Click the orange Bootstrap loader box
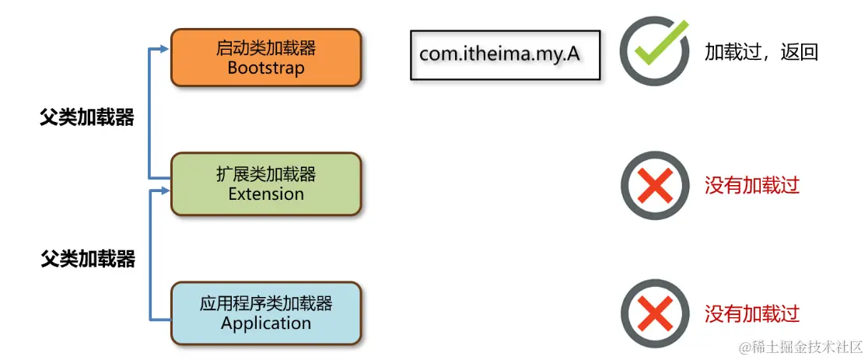click(x=266, y=58)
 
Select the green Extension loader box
click(x=266, y=183)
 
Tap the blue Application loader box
click(x=266, y=313)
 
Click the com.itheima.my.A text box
click(x=505, y=54)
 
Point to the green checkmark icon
click(x=656, y=51)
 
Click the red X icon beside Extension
click(x=655, y=185)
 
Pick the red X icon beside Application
click(x=655, y=313)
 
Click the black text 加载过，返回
click(x=761, y=52)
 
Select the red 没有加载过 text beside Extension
click(x=752, y=185)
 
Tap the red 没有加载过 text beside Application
click(x=752, y=313)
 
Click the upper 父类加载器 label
click(x=87, y=117)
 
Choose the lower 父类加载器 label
click(x=87, y=259)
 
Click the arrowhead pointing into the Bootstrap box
click(x=163, y=50)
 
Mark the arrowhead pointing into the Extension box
click(x=163, y=190)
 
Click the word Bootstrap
click(x=266, y=68)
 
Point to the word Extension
click(x=266, y=194)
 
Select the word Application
click(x=266, y=323)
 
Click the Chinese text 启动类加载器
click(x=266, y=47)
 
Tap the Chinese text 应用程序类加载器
click(x=266, y=302)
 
